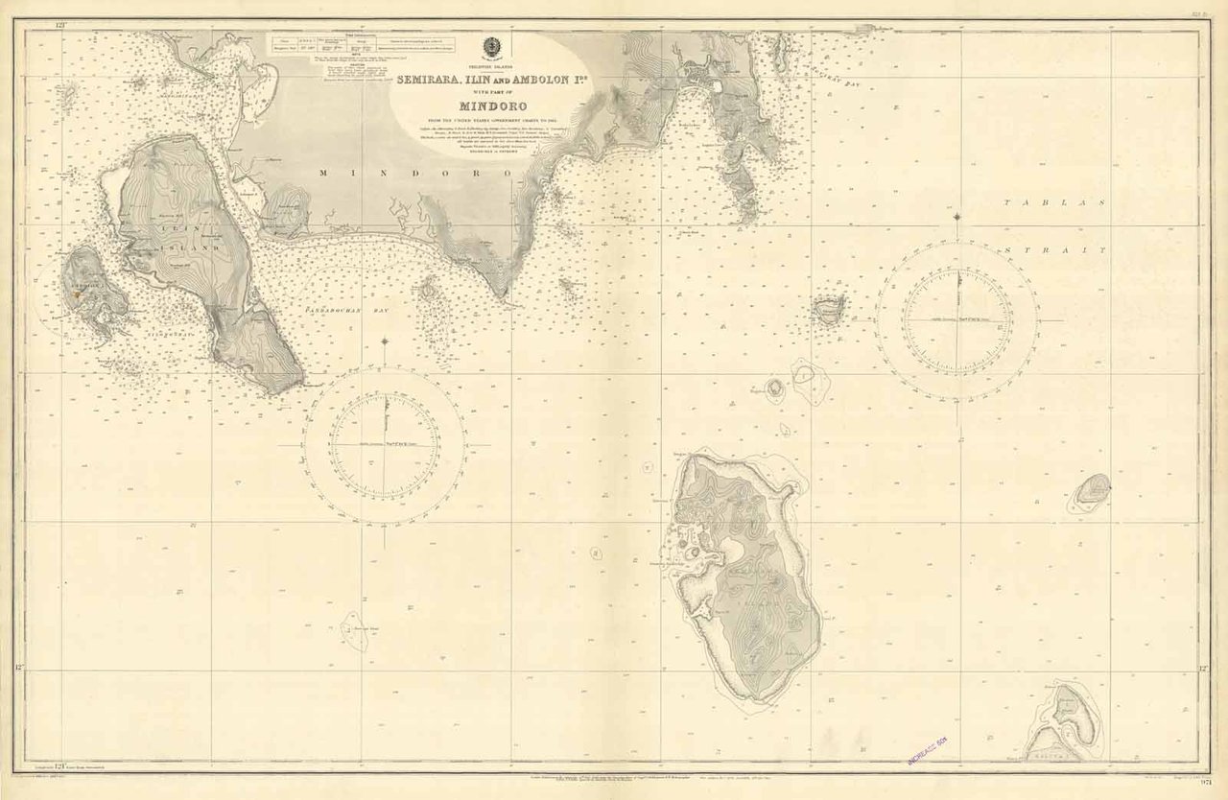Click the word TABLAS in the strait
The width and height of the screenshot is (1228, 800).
pos(1055,203)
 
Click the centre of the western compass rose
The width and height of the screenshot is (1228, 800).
pos(384,445)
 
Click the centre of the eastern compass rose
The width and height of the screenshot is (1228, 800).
pos(957,319)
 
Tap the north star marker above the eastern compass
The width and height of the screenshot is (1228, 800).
pos(957,215)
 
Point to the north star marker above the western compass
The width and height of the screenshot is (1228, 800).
pos(384,341)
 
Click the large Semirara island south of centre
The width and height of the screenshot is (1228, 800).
pos(744,576)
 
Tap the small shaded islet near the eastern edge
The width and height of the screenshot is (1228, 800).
pos(1092,490)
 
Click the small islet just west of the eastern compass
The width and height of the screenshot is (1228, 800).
pos(829,309)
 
